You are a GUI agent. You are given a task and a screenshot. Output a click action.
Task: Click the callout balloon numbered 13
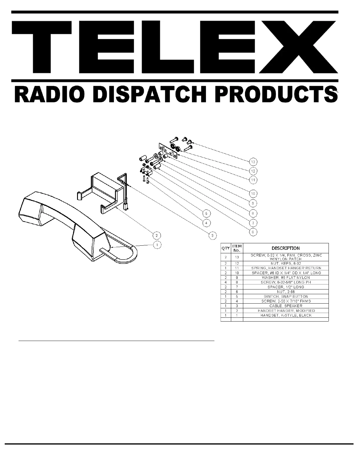coord(253,162)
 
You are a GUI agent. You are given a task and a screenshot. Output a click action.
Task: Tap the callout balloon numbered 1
coord(157,245)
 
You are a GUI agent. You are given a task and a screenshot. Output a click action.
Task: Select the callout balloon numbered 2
coord(157,235)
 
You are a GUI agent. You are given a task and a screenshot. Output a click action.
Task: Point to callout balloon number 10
coord(253,194)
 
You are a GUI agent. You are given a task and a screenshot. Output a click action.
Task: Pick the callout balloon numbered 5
coord(206,213)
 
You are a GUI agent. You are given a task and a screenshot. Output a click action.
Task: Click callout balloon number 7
coord(253,223)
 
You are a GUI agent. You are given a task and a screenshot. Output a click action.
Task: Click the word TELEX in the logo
coord(175,47)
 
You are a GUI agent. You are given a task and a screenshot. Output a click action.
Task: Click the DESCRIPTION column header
coord(286,248)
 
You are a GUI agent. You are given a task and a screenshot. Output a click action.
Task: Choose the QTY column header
coord(226,248)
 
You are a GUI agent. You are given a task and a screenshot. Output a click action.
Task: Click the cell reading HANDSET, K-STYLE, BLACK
coord(286,315)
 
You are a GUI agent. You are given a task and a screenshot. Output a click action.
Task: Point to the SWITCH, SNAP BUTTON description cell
coord(286,297)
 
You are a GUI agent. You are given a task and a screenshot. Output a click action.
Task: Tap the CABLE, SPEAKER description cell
coord(286,306)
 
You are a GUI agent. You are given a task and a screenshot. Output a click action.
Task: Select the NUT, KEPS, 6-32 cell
coord(286,264)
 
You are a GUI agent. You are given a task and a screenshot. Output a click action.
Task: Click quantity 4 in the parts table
coord(226,282)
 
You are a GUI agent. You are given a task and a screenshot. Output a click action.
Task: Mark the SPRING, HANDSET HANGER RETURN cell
coord(286,268)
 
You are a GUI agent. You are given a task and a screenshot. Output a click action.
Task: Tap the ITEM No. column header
coord(237,248)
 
